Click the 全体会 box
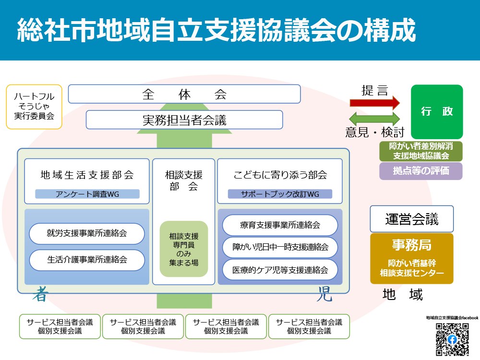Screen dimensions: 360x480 coord(184,94)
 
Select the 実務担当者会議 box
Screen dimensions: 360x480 coord(184,120)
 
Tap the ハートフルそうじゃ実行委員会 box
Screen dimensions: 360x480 coord(34,107)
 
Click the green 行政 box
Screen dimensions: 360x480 coord(437,112)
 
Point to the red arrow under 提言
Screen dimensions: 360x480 coord(374,102)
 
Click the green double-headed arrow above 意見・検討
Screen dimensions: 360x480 coord(374,119)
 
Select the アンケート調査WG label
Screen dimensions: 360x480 coord(87,194)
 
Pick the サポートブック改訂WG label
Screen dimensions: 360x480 coord(280,194)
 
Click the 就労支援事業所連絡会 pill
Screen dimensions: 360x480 coord(87,234)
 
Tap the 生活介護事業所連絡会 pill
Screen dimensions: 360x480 coord(87,260)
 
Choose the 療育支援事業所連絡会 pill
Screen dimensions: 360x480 coord(280,225)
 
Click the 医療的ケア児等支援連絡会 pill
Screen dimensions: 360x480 coord(280,270)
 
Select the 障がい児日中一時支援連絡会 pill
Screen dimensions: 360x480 coord(280,247)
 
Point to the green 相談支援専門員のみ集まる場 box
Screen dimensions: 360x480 coord(184,249)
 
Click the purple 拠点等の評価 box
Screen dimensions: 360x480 coord(420,171)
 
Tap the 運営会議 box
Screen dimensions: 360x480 coord(411,219)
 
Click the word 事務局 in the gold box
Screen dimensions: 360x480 coord(411,245)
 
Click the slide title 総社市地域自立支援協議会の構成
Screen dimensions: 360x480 coord(216,31)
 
